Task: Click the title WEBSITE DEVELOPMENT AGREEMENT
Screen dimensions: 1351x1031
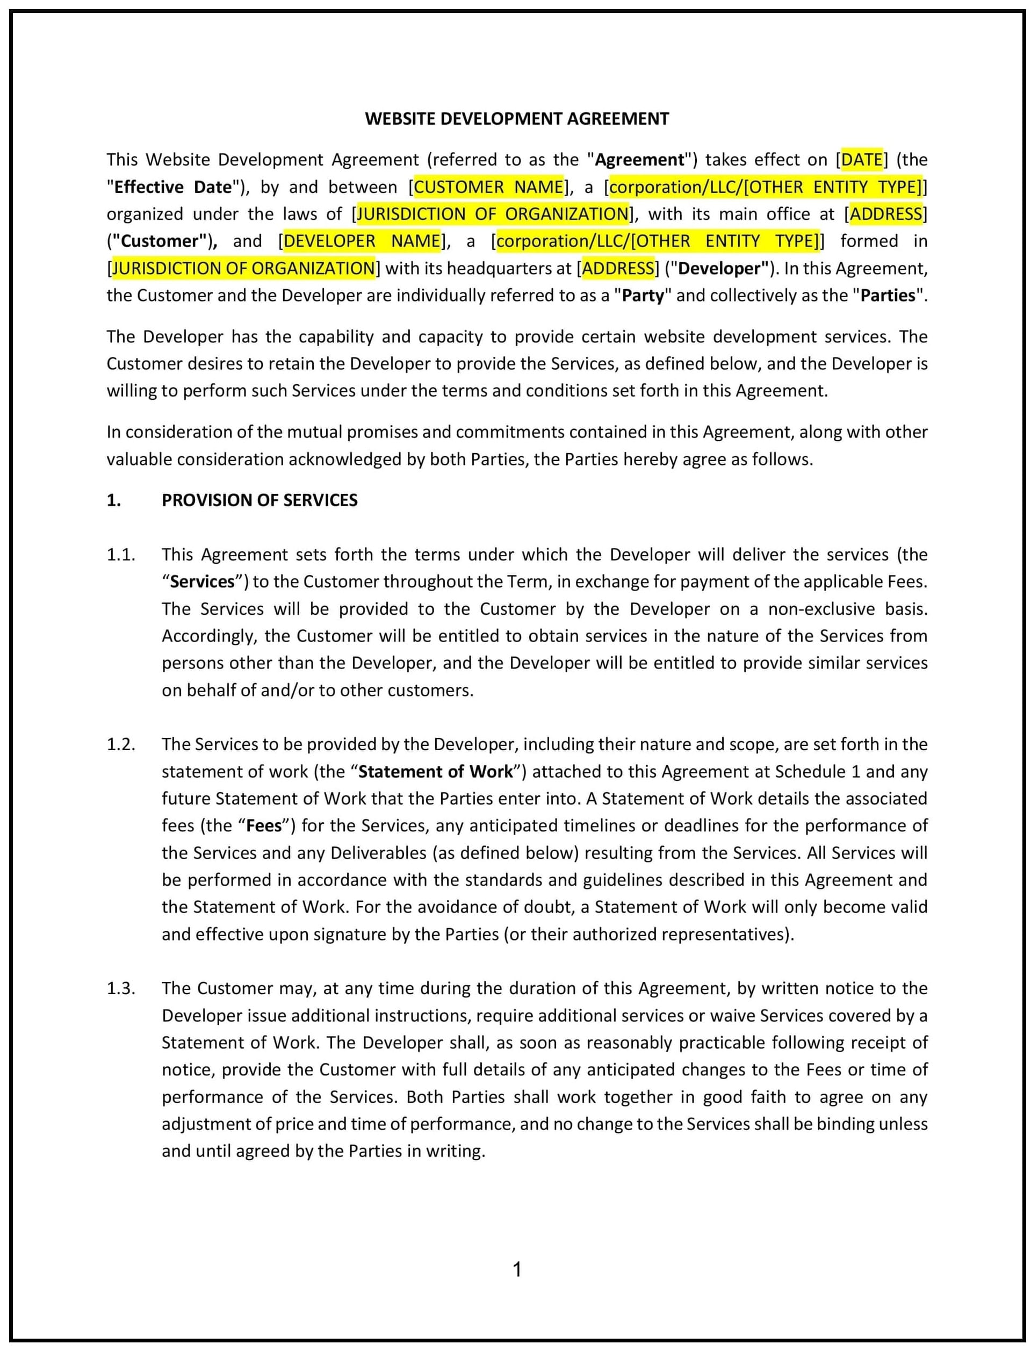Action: [517, 118]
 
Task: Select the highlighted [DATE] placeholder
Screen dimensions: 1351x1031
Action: [862, 160]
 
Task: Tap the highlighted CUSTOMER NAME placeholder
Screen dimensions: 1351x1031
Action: [488, 186]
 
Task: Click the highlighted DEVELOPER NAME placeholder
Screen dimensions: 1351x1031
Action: [362, 241]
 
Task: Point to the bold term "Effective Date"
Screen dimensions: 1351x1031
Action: [173, 186]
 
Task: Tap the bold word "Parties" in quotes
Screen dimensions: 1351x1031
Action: [888, 295]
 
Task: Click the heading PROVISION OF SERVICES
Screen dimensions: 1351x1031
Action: [259, 500]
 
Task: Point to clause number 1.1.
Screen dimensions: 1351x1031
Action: [120, 554]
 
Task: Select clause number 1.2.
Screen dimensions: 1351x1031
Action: [120, 744]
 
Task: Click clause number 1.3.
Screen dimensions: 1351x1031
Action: [120, 988]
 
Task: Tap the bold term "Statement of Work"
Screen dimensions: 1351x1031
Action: [435, 772]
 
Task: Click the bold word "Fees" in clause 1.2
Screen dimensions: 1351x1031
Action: [264, 825]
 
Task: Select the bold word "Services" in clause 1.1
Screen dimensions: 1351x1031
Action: [203, 581]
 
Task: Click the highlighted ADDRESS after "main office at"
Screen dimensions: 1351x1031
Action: [885, 213]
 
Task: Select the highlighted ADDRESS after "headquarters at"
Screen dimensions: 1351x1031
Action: [617, 268]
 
